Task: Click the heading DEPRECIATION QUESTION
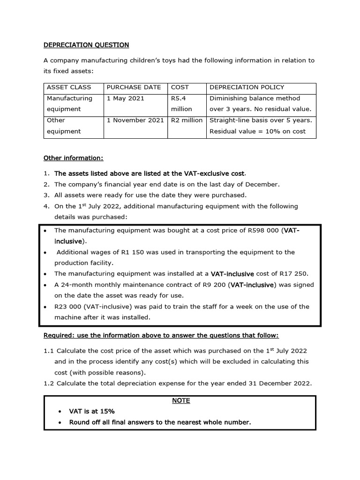tap(86, 45)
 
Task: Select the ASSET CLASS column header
tap(68, 87)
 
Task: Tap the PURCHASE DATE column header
tap(134, 87)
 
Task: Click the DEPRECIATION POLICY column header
tap(247, 87)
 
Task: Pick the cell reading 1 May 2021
tap(126, 98)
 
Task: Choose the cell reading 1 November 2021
tap(135, 120)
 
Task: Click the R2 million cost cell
tap(187, 120)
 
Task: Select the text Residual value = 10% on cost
tap(257, 131)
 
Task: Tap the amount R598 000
tap(261, 230)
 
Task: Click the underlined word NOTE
tap(180, 401)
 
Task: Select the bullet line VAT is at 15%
tap(92, 412)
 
